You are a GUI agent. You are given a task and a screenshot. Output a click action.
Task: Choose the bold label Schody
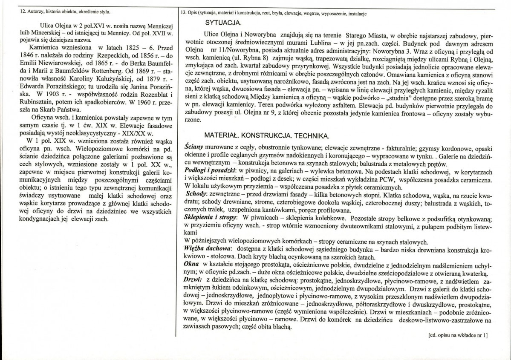point(196,193)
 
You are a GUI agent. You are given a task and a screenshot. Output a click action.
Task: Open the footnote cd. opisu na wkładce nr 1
point(458,336)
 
